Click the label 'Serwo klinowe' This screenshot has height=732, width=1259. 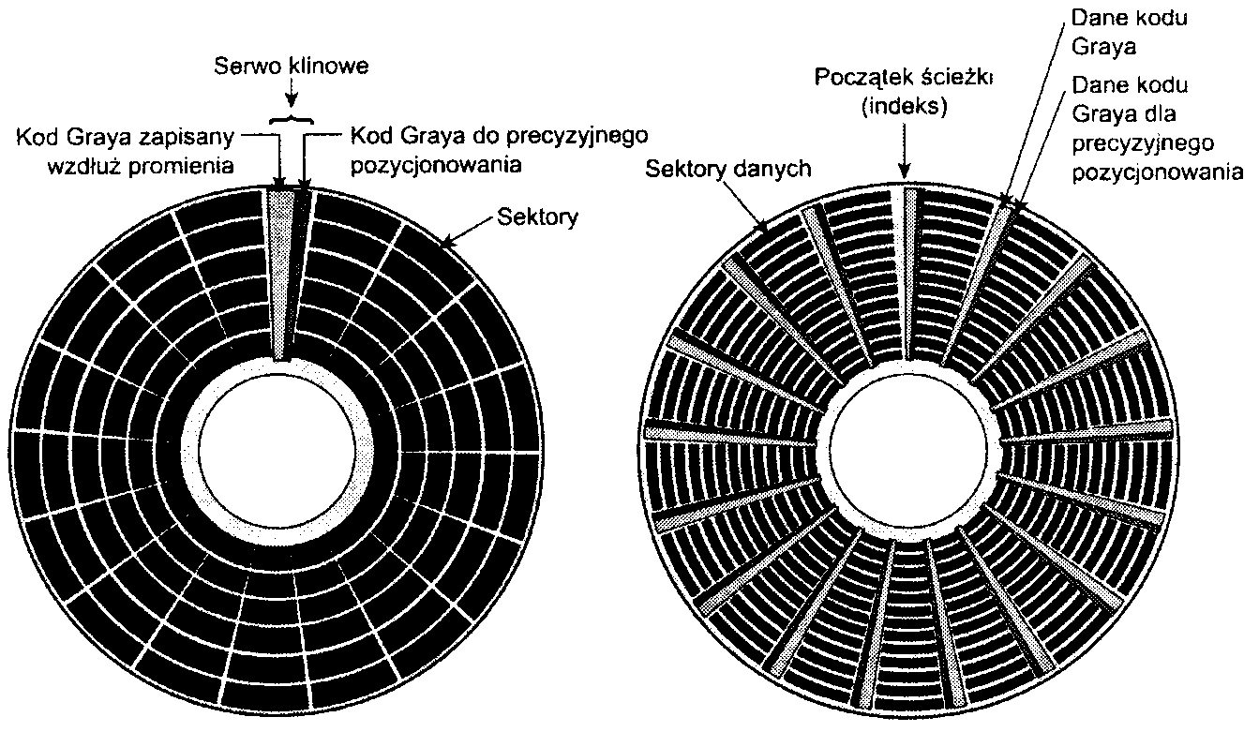293,68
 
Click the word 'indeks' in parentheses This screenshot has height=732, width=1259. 905,106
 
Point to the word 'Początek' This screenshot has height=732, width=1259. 856,77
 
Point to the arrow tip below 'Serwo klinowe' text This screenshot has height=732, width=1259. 293,102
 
